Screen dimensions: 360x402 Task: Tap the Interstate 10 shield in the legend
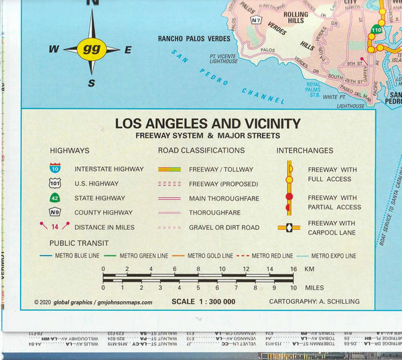click(55, 168)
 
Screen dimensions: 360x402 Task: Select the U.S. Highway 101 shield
click(55, 183)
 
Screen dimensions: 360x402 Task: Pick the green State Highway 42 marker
click(55, 198)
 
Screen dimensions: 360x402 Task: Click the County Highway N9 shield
click(55, 213)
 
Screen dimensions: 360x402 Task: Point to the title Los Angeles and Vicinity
click(208, 123)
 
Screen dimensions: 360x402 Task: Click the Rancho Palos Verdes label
click(193, 38)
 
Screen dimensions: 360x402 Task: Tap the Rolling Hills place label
click(295, 18)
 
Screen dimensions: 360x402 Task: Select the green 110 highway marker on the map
click(377, 30)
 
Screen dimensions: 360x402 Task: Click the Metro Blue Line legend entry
click(74, 255)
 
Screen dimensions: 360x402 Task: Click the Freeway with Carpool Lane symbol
click(289, 227)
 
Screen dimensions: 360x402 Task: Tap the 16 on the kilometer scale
click(293, 269)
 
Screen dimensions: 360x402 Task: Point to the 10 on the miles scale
click(293, 288)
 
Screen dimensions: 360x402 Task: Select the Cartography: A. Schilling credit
click(314, 302)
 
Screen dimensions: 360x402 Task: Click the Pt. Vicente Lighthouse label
click(223, 58)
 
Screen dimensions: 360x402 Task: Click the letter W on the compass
click(54, 50)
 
